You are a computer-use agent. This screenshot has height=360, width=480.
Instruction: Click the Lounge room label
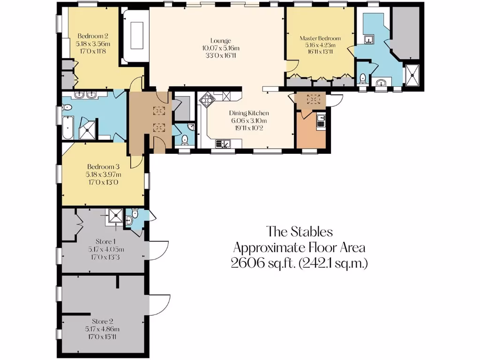click(220, 41)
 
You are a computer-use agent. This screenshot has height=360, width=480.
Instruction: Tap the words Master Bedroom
click(320, 38)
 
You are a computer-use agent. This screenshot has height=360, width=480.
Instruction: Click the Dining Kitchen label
click(249, 113)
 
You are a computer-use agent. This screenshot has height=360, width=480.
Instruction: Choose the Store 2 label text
click(103, 322)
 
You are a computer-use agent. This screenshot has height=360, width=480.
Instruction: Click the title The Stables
click(300, 232)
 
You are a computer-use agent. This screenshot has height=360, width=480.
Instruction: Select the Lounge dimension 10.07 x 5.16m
click(220, 48)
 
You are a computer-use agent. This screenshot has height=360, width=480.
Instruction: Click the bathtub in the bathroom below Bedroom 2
click(67, 128)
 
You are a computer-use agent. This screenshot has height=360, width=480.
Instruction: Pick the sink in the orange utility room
click(321, 121)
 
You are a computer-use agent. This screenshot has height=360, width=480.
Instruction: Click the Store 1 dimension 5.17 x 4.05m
click(103, 249)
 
